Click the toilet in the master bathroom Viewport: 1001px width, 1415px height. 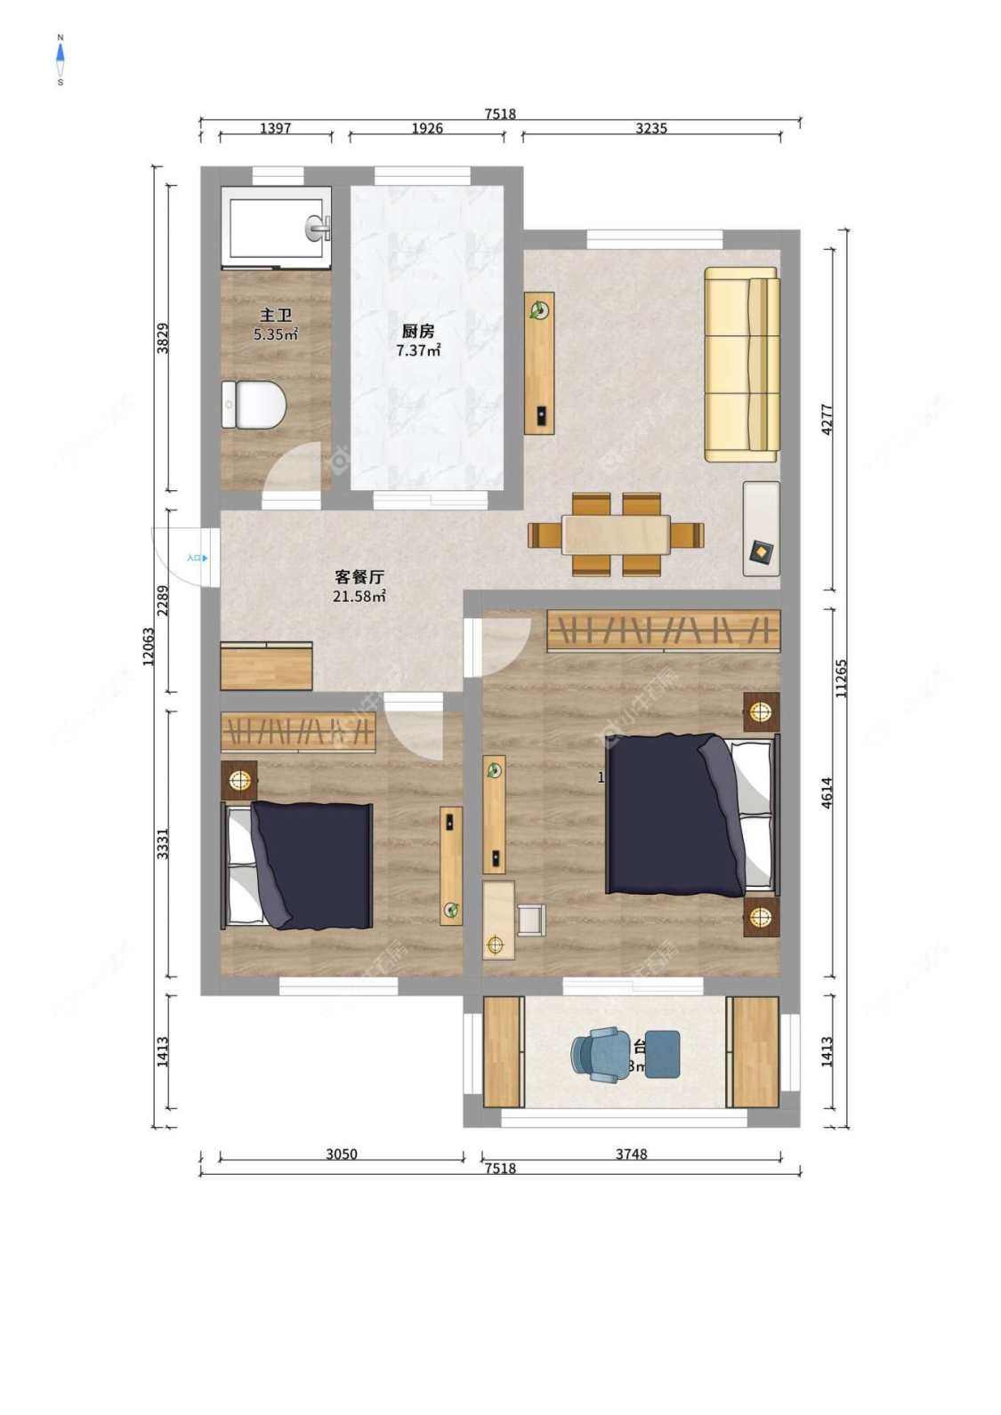(x=254, y=405)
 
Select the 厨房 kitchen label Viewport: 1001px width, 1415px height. (x=418, y=331)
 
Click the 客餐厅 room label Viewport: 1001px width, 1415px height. (x=359, y=576)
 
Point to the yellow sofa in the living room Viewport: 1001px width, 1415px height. (x=742, y=365)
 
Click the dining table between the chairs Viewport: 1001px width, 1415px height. (x=616, y=535)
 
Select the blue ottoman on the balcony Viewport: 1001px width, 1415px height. (x=662, y=1054)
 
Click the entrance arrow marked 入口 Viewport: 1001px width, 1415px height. (x=198, y=559)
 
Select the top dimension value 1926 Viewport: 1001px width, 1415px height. (x=427, y=128)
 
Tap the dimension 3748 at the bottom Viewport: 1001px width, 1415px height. (x=632, y=1154)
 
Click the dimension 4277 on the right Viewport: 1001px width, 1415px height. (x=827, y=419)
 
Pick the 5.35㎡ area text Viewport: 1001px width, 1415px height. (x=276, y=335)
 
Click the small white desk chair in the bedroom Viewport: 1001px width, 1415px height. (x=530, y=920)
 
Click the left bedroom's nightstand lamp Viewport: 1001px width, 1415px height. (x=238, y=780)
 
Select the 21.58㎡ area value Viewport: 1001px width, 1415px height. (x=359, y=597)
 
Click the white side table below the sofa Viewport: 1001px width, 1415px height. (x=762, y=528)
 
